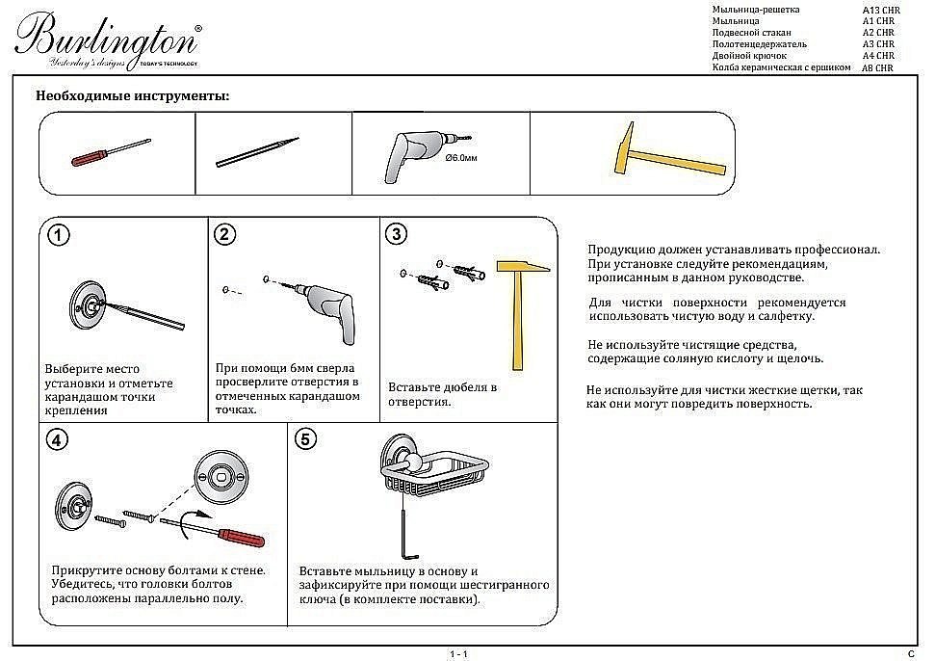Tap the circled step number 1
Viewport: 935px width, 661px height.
point(59,236)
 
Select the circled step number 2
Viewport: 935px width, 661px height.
point(225,234)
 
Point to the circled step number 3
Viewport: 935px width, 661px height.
point(396,234)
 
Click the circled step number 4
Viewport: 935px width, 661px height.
point(59,439)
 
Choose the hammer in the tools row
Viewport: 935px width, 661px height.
point(668,149)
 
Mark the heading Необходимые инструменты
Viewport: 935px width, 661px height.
point(132,96)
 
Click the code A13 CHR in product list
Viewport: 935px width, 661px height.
point(879,10)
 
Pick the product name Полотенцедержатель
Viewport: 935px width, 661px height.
point(759,44)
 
